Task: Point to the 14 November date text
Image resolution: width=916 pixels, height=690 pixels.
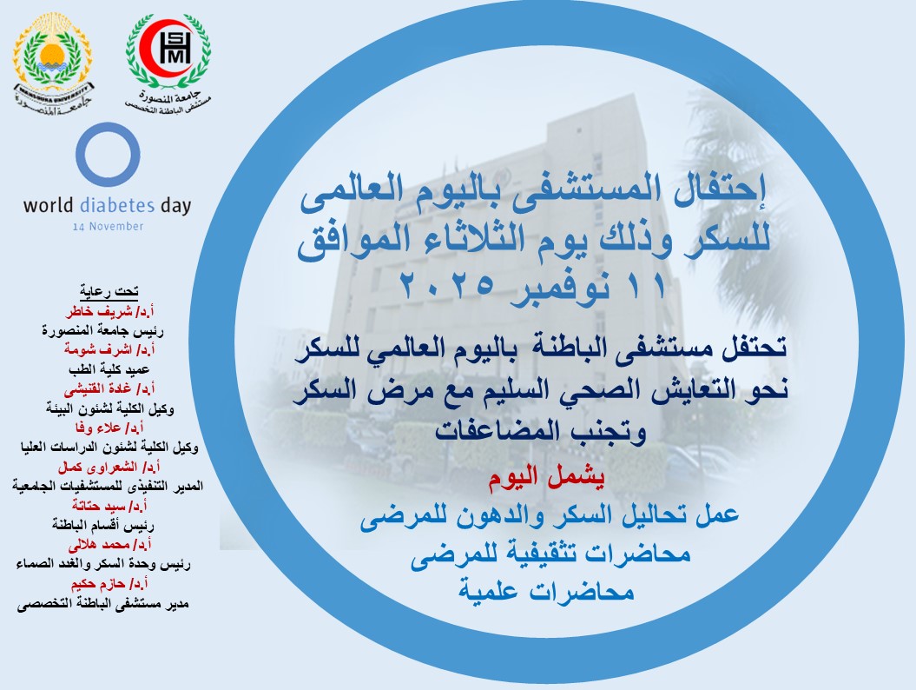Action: coord(108,227)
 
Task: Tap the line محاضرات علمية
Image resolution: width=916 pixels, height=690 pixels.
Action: coord(547,593)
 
